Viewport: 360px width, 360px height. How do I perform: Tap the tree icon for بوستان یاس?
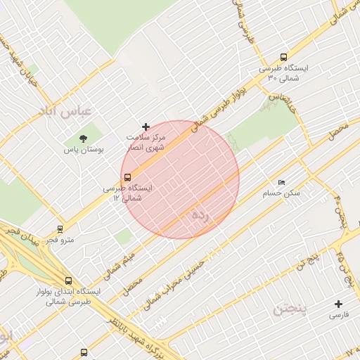coord(84,137)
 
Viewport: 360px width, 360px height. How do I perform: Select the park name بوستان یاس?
coord(84,150)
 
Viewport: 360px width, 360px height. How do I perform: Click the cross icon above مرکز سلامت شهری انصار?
coord(146,126)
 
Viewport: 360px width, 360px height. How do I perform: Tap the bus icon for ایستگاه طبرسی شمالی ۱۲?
coord(127,177)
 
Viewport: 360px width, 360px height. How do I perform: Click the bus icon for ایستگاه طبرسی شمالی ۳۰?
coord(283,58)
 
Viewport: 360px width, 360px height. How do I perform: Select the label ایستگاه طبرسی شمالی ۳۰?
coord(288,74)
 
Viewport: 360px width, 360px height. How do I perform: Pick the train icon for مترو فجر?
coord(60,229)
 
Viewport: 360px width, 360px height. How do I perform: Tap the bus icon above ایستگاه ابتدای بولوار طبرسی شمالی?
coord(68,280)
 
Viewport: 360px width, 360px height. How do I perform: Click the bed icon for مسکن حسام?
coord(282,182)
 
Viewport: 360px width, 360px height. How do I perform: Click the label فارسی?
coord(338,316)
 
